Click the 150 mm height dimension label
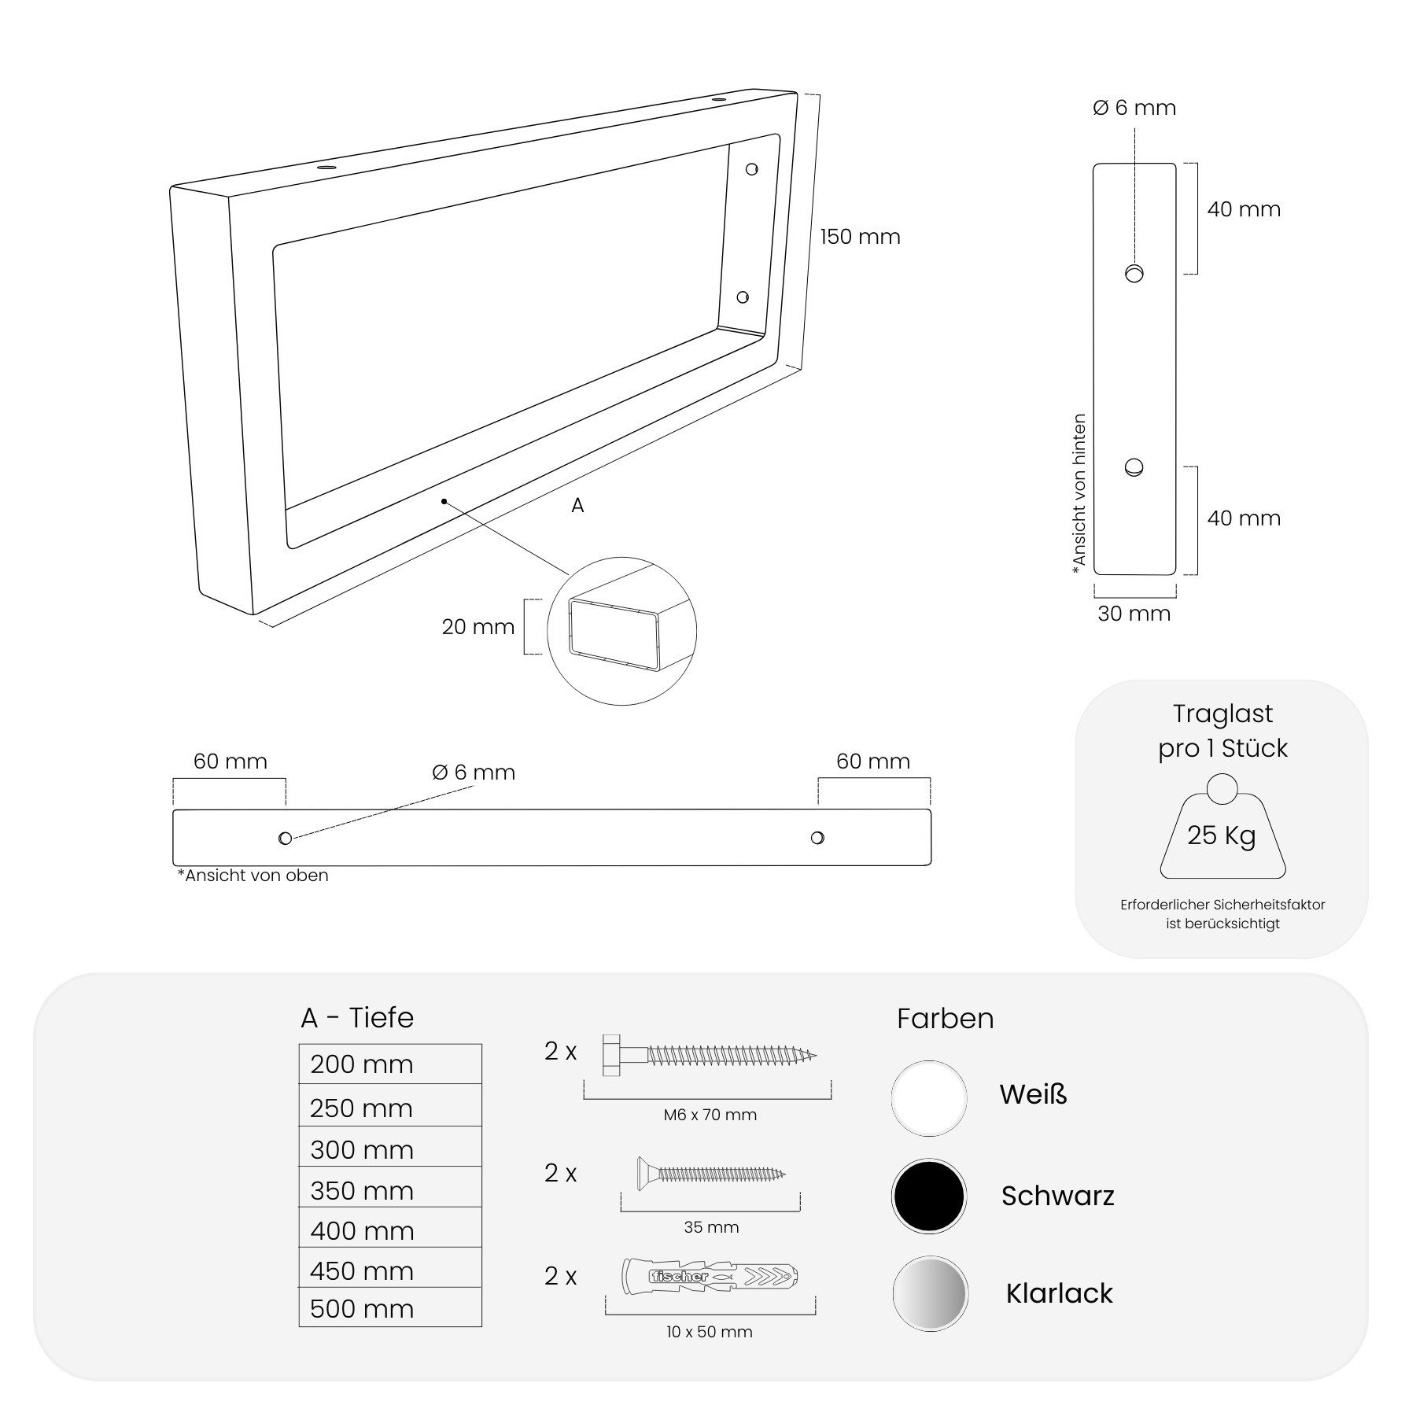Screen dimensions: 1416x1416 pos(860,237)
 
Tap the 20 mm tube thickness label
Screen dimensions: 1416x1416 pos(478,627)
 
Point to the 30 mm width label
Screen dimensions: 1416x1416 pos(1134,614)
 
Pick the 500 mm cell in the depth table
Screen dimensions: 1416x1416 pos(390,1307)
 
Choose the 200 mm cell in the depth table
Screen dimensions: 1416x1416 pos(390,1064)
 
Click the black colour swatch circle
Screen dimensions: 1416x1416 pos(929,1196)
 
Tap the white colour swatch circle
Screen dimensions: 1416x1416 pos(929,1098)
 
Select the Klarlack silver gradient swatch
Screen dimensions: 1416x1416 pos(930,1294)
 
